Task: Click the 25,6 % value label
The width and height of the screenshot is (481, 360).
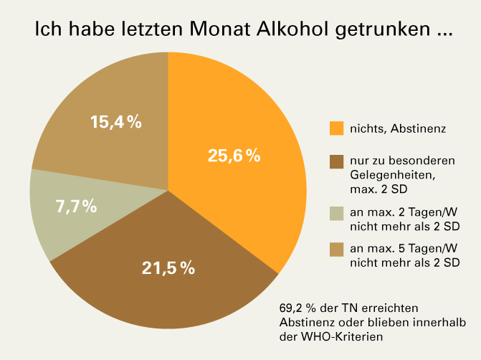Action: (233, 156)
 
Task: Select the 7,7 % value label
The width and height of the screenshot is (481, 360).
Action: (76, 207)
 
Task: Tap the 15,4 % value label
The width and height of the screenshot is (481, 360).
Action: (116, 122)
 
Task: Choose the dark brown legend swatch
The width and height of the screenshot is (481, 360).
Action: (337, 163)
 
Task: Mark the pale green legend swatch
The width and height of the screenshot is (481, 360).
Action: (337, 214)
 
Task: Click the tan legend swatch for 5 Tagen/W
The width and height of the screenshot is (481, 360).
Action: (337, 250)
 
